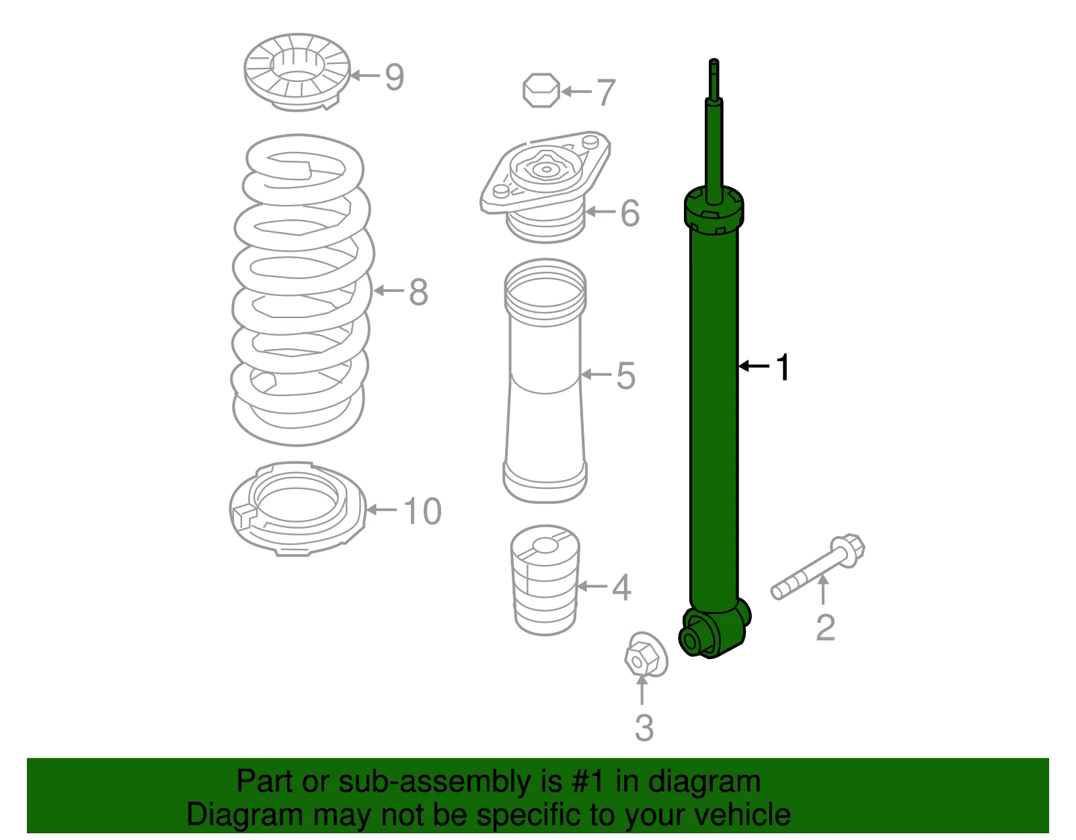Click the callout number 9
[x=394, y=77]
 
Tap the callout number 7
[x=606, y=93]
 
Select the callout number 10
[x=422, y=511]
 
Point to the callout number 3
[x=644, y=728]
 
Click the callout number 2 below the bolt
[x=825, y=627]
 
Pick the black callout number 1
[x=783, y=367]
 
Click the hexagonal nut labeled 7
[x=541, y=91]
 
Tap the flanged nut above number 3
[x=646, y=654]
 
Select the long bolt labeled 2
[x=817, y=567]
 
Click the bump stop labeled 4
[x=545, y=580]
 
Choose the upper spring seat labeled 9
[x=297, y=72]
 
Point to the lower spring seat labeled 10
[x=297, y=509]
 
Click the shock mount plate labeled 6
[x=545, y=186]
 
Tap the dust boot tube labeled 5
[x=545, y=380]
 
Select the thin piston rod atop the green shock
[x=714, y=131]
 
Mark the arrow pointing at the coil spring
[x=389, y=291]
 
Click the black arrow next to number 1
[x=754, y=367]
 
